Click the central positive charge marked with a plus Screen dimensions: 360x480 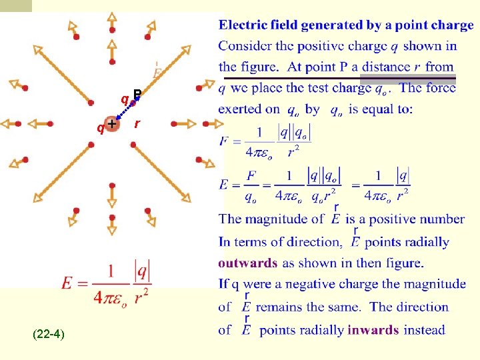tap(112, 124)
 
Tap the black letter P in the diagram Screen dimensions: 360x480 tap(137, 94)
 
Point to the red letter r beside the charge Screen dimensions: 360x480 tap(137, 124)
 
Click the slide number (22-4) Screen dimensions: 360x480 tap(48, 333)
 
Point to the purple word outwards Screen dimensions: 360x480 tap(247, 263)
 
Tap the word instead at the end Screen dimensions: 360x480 tap(425, 329)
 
